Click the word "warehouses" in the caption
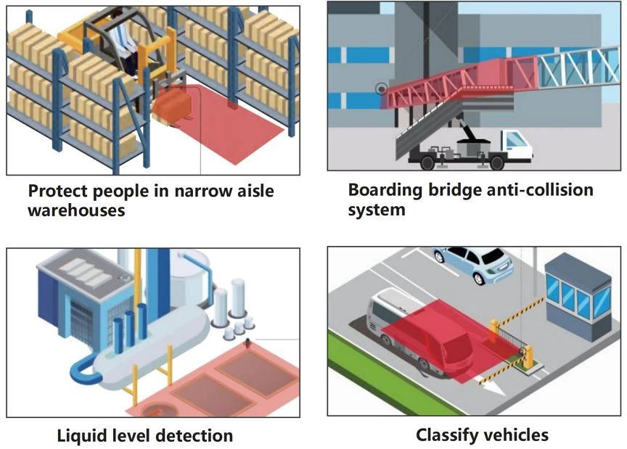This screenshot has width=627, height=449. click(x=76, y=210)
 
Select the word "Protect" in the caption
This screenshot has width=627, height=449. click(x=57, y=191)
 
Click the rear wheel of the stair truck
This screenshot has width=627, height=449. click(x=427, y=162)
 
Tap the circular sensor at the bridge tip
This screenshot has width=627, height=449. click(x=382, y=88)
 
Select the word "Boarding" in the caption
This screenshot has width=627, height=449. click(x=385, y=190)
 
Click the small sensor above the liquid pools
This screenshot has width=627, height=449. click(x=248, y=342)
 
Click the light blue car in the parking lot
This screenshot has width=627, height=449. click(x=472, y=264)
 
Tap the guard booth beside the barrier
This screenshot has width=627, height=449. click(x=578, y=296)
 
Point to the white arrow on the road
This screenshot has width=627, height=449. click(x=493, y=387)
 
